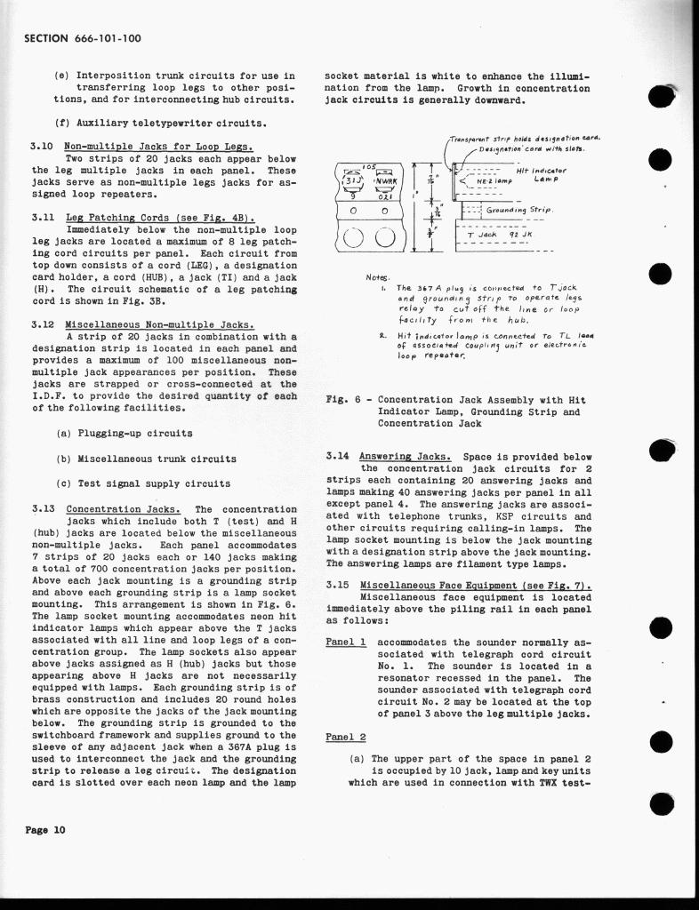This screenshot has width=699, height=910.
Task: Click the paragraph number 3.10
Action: [x=44, y=146]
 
